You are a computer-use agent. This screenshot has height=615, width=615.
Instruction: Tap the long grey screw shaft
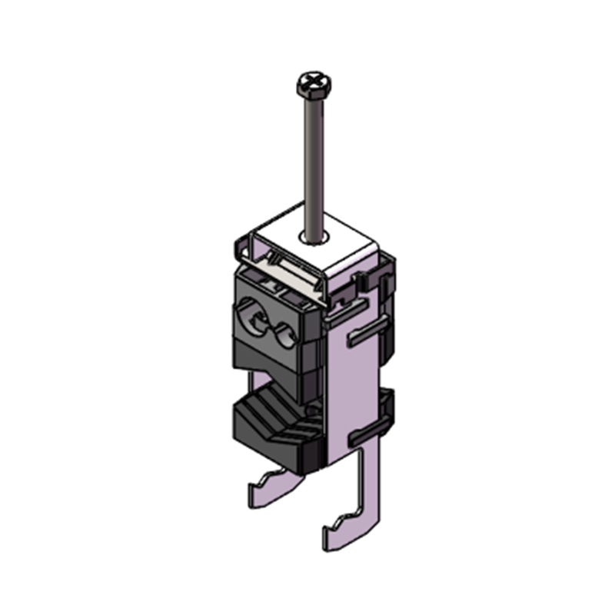pos(310,154)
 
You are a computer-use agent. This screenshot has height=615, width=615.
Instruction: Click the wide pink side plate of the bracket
pos(354,384)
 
